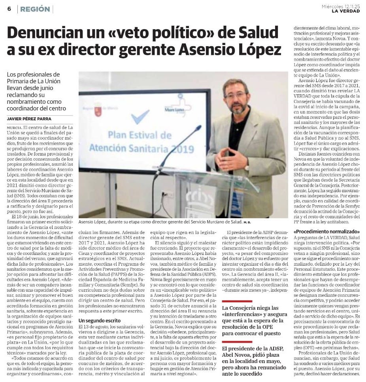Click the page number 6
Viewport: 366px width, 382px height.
click(9, 9)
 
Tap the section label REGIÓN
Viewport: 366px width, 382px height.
click(35, 9)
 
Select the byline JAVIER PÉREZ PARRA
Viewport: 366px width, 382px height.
click(30, 119)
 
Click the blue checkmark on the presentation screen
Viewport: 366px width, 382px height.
click(140, 117)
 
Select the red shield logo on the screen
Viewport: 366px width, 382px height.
click(98, 111)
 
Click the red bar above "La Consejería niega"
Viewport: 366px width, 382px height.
click(237, 301)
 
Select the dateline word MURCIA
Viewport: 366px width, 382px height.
click(14, 128)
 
